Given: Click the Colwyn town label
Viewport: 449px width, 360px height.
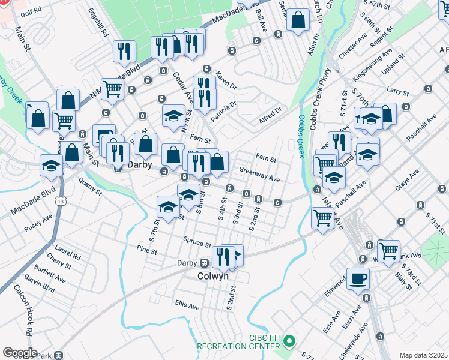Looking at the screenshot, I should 213,276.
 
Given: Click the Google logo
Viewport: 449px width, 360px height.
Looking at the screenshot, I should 20,353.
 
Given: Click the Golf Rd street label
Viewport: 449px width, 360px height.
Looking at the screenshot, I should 31,11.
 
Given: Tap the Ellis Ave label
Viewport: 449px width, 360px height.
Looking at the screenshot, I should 187,306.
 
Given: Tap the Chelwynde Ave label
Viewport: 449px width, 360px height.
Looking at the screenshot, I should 360,337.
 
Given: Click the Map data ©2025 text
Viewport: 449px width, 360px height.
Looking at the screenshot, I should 424,355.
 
